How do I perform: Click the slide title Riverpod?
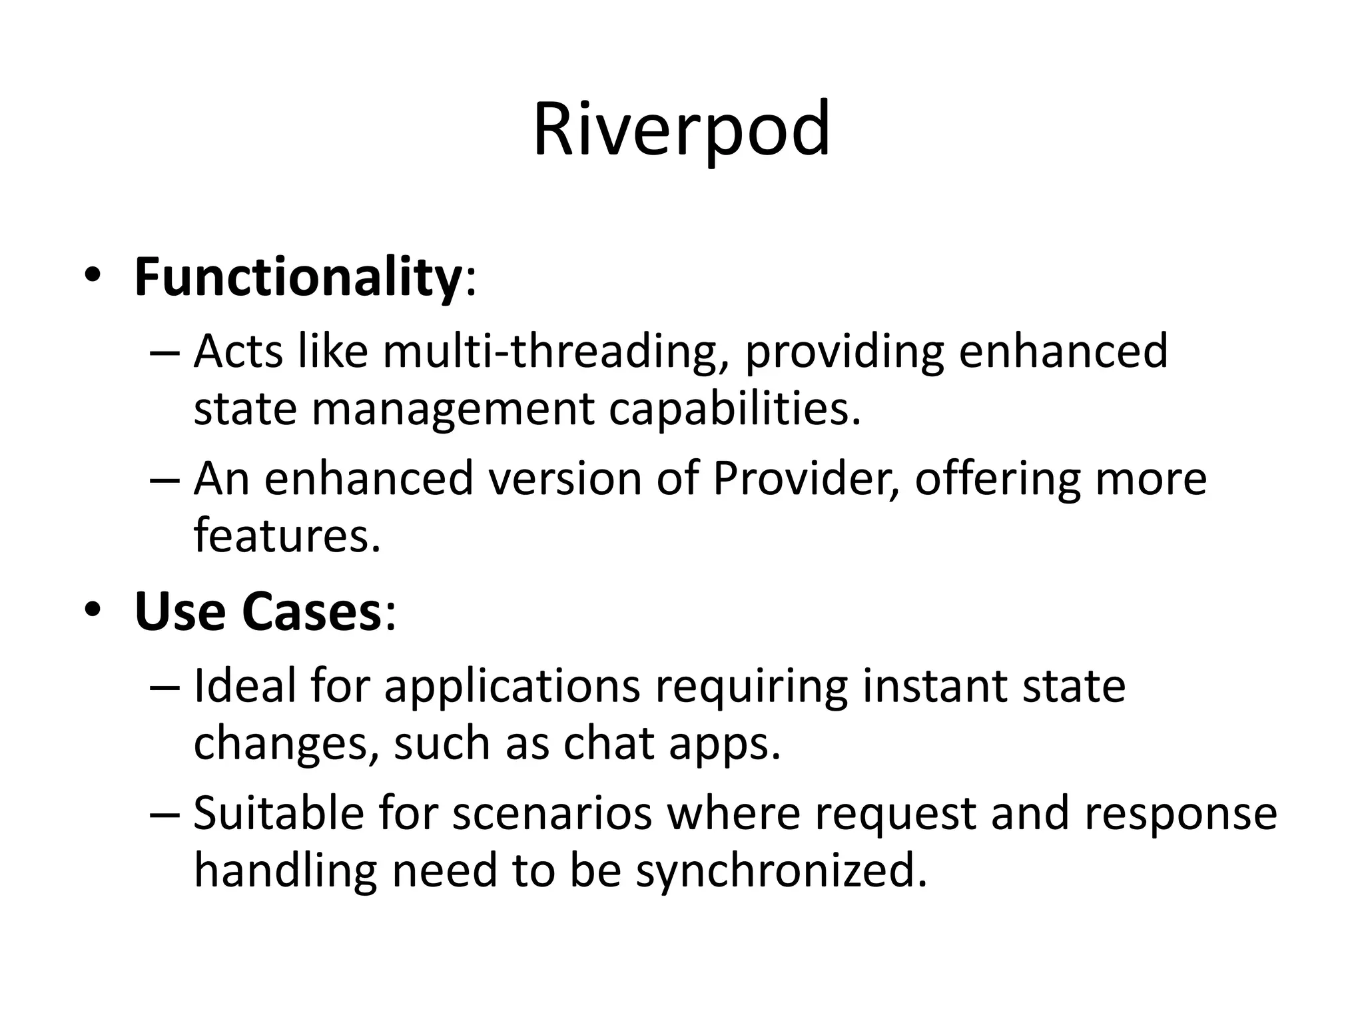tap(681, 129)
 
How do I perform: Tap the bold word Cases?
tap(311, 611)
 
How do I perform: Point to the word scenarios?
tap(552, 814)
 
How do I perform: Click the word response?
tap(1181, 814)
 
